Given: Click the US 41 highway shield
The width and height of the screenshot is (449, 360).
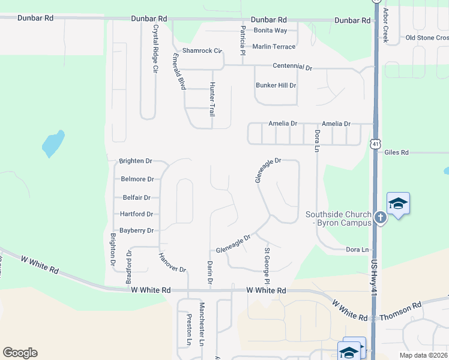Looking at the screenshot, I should (375, 144).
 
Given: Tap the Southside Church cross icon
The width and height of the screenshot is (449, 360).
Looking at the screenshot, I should (380, 218).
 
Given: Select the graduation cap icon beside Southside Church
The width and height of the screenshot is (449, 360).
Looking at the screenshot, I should (398, 204).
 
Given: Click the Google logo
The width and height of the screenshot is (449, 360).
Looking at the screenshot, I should (20, 353).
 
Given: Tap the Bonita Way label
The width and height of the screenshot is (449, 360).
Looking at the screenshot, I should (270, 30).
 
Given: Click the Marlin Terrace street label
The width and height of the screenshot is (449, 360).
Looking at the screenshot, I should (274, 46).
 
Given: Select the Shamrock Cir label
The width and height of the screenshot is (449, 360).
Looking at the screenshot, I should (202, 51).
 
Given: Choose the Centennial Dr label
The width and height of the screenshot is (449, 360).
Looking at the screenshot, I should (292, 67).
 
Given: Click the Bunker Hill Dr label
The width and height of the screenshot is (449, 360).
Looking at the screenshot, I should (276, 85).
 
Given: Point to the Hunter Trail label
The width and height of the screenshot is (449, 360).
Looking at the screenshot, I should (212, 100).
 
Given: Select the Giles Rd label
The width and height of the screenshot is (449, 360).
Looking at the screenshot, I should (396, 152).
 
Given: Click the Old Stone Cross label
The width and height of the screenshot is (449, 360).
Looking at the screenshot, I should (427, 38).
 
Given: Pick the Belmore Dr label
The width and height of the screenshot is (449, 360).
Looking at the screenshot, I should (137, 179).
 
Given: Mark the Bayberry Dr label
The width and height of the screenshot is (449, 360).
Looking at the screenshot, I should (137, 230).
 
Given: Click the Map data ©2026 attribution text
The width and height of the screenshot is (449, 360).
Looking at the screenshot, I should (423, 355).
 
